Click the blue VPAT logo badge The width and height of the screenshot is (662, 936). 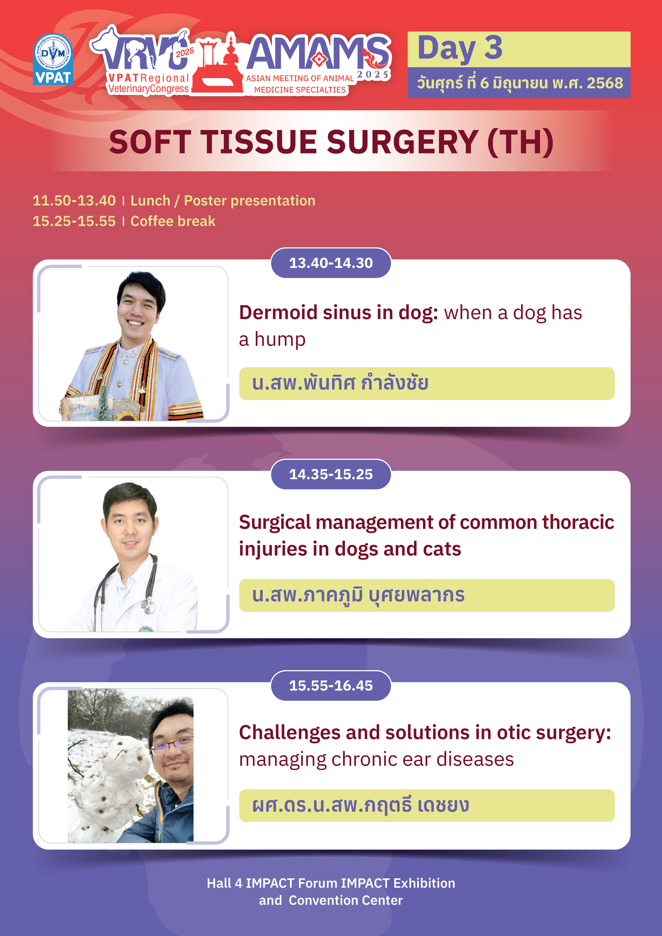(x=53, y=59)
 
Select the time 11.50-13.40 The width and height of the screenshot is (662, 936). (x=74, y=201)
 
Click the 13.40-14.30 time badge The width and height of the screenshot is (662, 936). (x=331, y=263)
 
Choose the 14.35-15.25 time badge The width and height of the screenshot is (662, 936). (x=331, y=474)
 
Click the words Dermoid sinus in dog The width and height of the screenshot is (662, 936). (x=338, y=313)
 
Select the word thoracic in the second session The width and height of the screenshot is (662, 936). (x=578, y=522)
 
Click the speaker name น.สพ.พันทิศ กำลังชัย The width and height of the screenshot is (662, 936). (x=340, y=383)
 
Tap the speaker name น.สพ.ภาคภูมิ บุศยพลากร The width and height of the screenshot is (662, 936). (x=358, y=595)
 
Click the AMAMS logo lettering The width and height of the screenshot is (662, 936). (x=318, y=53)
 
